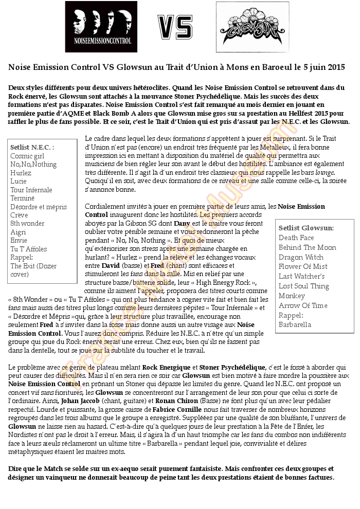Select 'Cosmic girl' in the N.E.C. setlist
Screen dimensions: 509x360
pos(27,156)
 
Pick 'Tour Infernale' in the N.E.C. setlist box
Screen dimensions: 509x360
pos(31,190)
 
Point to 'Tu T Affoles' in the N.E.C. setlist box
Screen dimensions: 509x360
pos(29,249)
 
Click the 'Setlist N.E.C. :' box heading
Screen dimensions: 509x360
pos(32,147)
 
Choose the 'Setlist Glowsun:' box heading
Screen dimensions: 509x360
pos(306,228)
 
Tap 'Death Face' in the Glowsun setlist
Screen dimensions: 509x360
pos(296,238)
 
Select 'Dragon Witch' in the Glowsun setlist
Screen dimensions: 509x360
pos(301,257)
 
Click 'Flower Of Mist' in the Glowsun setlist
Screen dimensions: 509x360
pos(303,266)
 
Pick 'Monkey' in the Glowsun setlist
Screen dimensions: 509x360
pos(292,296)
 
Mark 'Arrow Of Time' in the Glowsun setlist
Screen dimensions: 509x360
pos(303,305)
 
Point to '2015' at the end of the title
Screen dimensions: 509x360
pos(335,67)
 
